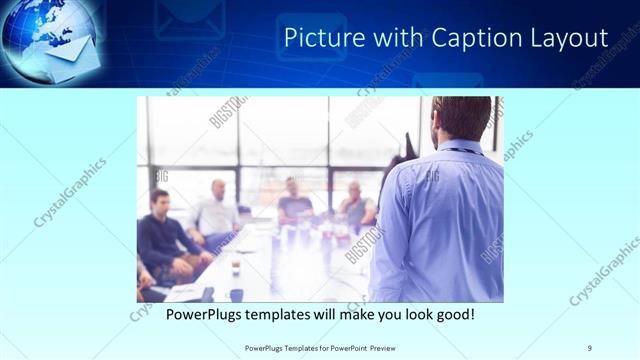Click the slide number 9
[x=590, y=347]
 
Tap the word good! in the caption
[x=452, y=315]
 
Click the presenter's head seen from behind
[x=461, y=118]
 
